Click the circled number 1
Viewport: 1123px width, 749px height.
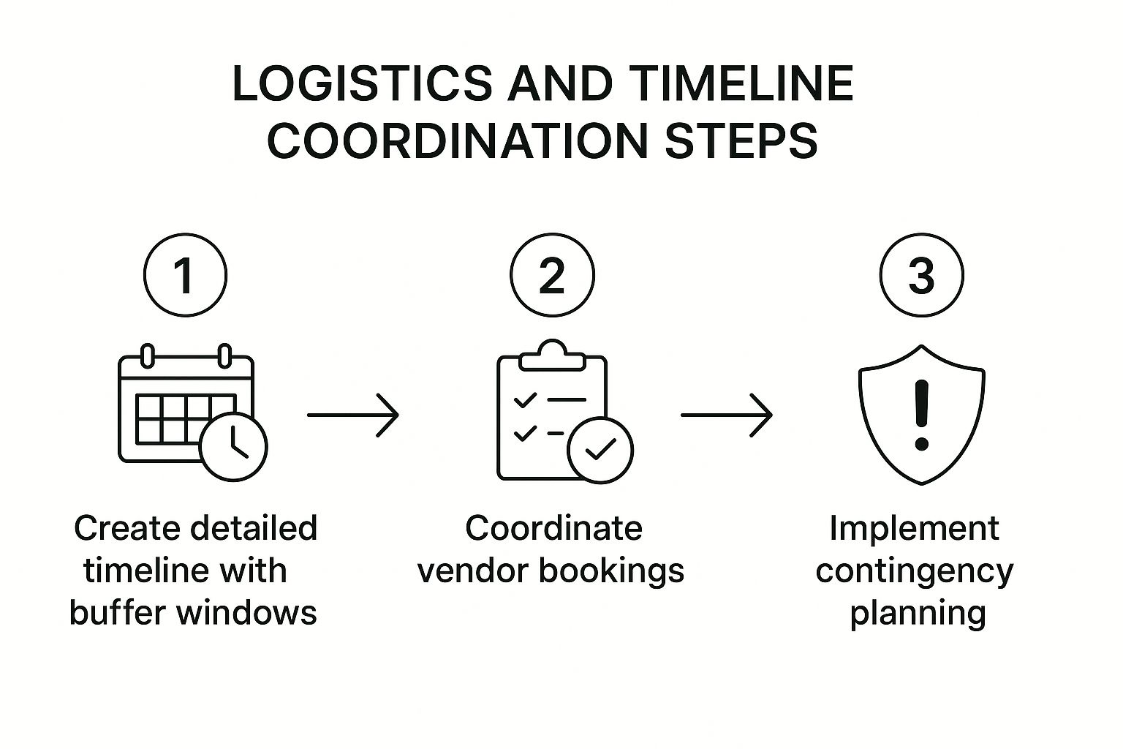click(x=186, y=275)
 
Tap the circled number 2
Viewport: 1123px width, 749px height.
click(x=552, y=275)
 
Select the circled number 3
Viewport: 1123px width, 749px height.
click(x=921, y=275)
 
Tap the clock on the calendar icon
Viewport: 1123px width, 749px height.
click(x=234, y=447)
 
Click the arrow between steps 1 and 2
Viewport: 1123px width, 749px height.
click(x=353, y=415)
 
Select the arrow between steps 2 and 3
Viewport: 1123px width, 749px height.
click(x=726, y=415)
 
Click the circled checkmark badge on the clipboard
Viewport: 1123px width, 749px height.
click(x=601, y=450)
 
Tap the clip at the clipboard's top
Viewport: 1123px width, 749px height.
click(x=552, y=355)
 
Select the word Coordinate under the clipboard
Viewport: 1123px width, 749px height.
click(x=553, y=528)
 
